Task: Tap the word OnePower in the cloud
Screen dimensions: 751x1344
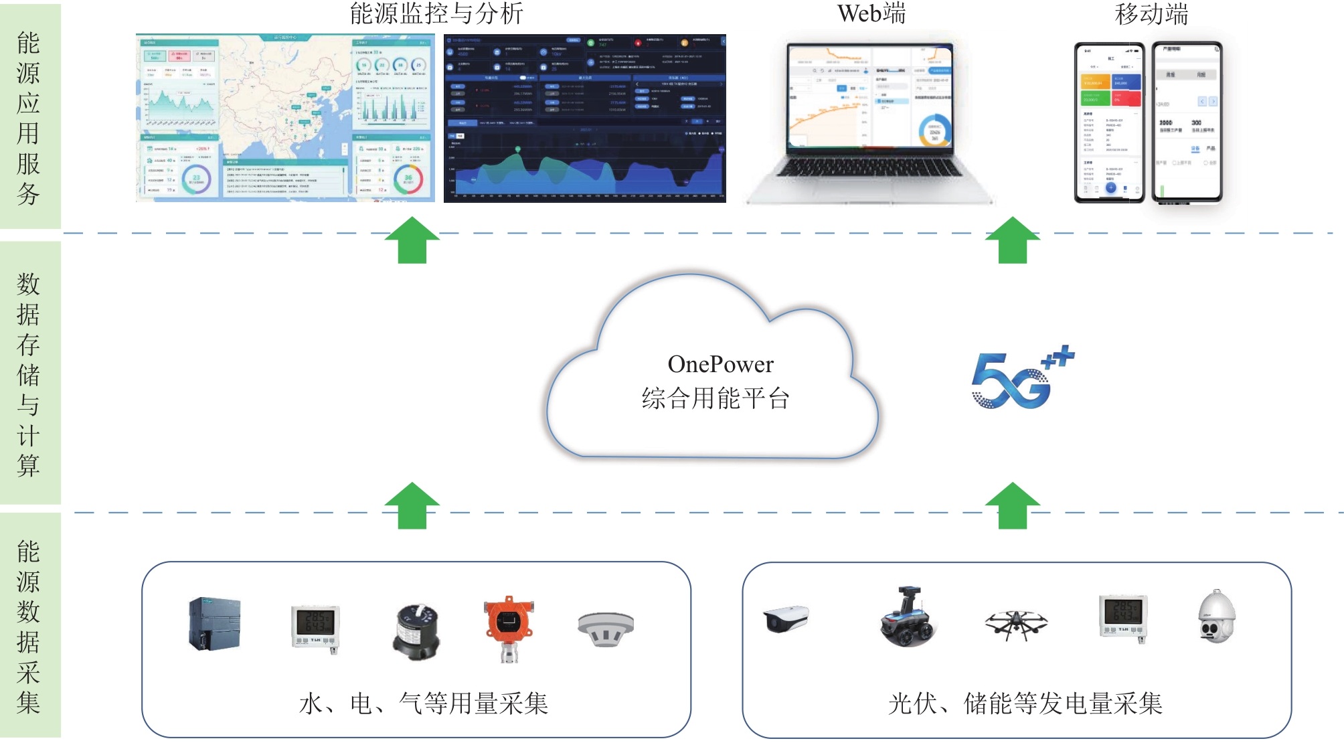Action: pos(720,364)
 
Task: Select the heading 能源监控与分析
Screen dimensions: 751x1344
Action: pos(436,14)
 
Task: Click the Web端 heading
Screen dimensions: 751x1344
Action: pos(871,14)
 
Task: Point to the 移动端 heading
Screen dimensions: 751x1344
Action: pos(1151,14)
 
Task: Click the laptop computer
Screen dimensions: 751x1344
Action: pos(870,120)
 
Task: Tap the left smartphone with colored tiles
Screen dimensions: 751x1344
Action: pos(1110,122)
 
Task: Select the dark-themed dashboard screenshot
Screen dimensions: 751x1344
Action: pos(584,118)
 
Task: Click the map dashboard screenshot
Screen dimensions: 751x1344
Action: pos(285,118)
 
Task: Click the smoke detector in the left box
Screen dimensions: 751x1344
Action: pos(606,629)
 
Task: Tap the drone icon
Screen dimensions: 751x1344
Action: pos(1016,624)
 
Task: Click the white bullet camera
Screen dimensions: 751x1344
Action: pos(786,618)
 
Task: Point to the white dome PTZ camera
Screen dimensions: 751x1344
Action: pos(1216,616)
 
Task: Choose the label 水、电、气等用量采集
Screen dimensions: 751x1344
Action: pos(424,703)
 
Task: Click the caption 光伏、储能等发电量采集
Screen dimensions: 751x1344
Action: pos(1025,703)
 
